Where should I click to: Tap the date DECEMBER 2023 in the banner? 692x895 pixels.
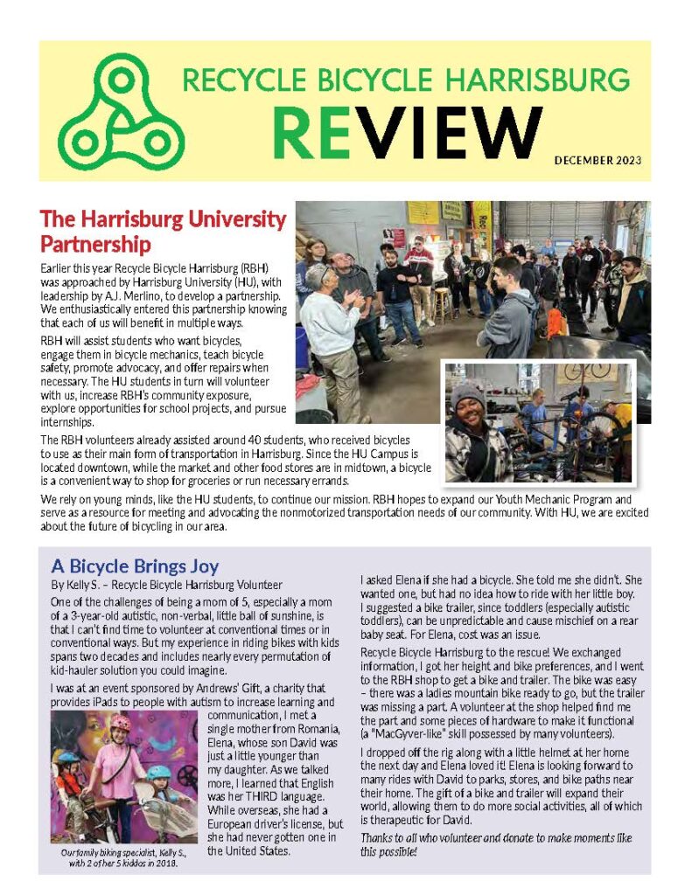598,160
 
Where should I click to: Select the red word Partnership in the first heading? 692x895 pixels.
95,242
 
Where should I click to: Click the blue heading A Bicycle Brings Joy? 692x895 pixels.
135,565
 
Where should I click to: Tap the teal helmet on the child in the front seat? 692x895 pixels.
159,773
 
